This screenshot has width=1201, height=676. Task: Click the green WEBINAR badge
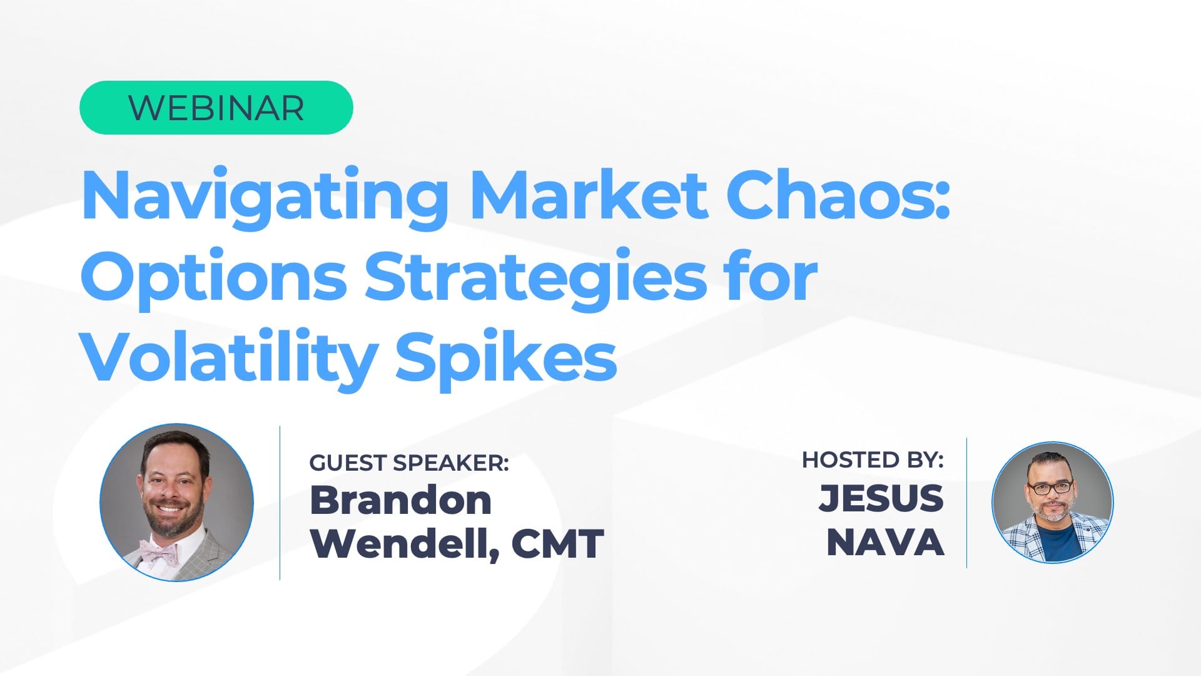pos(216,108)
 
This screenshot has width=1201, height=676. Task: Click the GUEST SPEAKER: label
pos(409,463)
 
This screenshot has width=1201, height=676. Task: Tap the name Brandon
pos(400,501)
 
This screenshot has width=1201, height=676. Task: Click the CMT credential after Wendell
pos(557,543)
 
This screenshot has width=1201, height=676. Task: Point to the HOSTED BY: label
pos(873,460)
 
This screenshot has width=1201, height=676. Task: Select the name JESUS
pos(881,498)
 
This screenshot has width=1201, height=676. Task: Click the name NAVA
pos(884,542)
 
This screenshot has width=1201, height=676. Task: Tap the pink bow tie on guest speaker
pos(159,551)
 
